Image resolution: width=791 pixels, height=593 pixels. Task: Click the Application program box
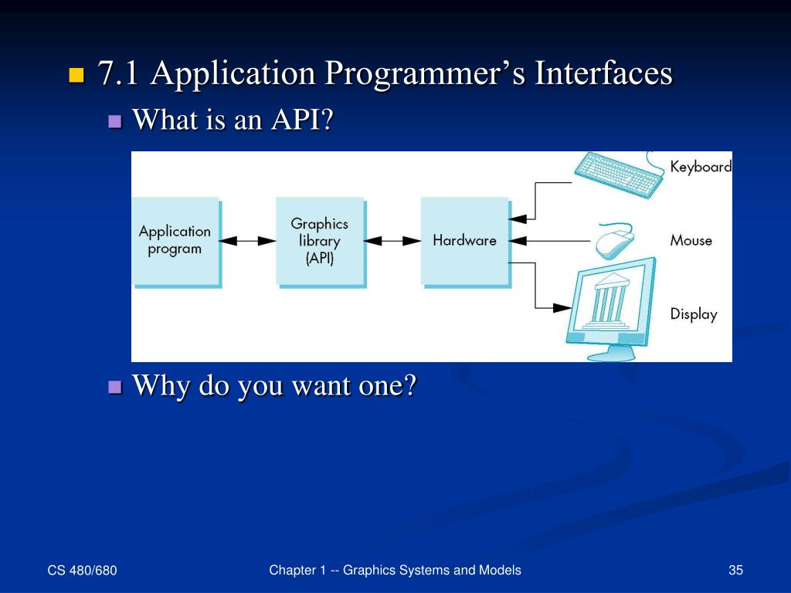click(x=175, y=240)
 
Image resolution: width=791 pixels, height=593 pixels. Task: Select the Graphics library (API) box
click(x=319, y=240)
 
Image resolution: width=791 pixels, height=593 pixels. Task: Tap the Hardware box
click(x=463, y=240)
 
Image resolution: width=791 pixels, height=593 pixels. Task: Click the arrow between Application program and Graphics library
click(x=247, y=241)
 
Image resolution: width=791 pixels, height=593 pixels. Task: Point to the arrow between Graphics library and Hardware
click(x=392, y=241)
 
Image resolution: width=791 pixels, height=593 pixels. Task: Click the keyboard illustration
click(x=618, y=173)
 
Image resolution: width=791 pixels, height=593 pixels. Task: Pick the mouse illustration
click(x=615, y=240)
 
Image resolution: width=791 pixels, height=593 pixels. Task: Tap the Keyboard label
click(x=700, y=167)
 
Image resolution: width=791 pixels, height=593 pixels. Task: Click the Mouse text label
click(x=691, y=240)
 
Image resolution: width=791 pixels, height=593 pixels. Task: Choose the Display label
click(x=693, y=314)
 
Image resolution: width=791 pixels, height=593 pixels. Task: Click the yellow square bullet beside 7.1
click(x=76, y=76)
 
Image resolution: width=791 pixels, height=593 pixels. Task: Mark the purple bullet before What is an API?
click(x=116, y=121)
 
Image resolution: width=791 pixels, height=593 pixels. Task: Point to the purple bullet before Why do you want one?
click(x=116, y=386)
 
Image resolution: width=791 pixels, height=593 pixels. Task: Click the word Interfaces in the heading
click(x=604, y=74)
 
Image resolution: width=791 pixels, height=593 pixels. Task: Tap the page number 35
click(x=735, y=571)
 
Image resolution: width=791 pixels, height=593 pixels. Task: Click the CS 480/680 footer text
click(x=82, y=571)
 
